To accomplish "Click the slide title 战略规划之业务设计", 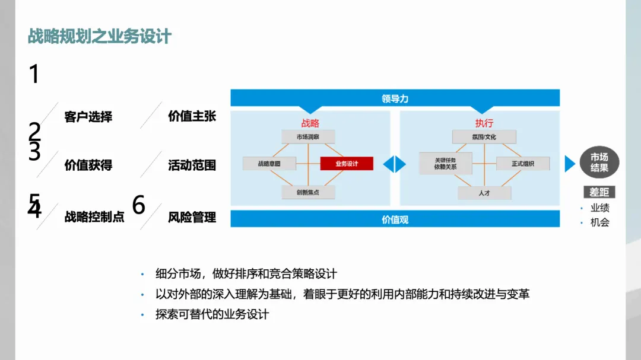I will pos(100,36).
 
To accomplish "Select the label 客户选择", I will pos(88,117).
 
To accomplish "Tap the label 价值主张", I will pos(192,116).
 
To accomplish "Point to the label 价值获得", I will pos(88,165).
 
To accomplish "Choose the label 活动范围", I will pos(192,165).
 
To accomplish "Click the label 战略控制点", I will pos(94,217).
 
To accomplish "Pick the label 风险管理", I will pos(192,217).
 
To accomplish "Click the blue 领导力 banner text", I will pos(395,98).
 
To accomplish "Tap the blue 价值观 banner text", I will pos(395,219).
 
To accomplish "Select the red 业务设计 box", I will pos(347,164).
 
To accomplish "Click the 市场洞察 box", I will pos(308,137).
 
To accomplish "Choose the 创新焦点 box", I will pos(308,192).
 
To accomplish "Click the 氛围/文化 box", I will pos(484,137).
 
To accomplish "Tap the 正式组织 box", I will pos(523,164).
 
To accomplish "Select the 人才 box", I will pos(484,193).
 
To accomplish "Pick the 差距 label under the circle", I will pos(599,192).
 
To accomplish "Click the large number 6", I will pos(138,205).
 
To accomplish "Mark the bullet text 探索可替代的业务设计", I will pos(212,314).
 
